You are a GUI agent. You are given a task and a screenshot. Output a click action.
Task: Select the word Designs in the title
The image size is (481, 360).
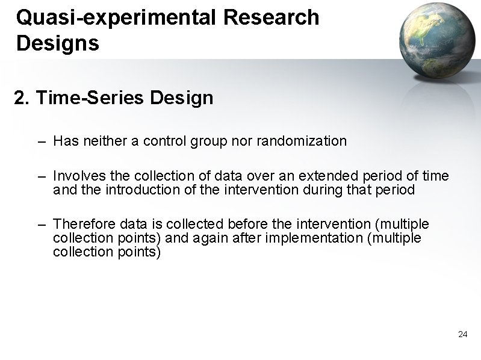click(58, 43)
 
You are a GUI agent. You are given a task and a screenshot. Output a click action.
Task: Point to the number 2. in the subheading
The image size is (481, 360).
click(22, 98)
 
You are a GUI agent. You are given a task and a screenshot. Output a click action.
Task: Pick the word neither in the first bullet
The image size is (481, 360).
click(98, 141)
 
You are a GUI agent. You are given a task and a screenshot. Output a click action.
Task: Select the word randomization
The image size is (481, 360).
click(302, 141)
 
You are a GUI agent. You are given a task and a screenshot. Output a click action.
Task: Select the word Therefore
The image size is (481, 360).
click(80, 225)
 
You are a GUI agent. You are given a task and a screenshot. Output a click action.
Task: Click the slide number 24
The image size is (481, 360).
click(462, 334)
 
